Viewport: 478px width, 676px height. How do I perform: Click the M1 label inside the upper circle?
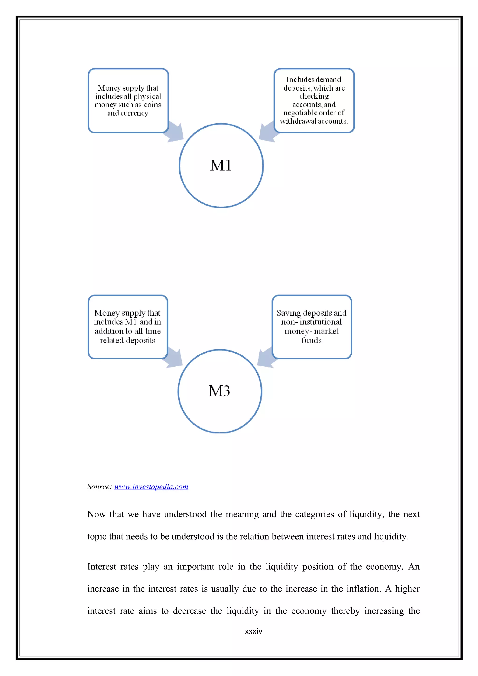[x=221, y=165]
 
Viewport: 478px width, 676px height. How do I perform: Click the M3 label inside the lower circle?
[x=219, y=391]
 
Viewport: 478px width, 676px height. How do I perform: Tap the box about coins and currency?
[x=128, y=100]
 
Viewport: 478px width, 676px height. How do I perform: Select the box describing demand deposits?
[x=314, y=100]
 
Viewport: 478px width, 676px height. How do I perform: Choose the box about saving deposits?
[x=312, y=327]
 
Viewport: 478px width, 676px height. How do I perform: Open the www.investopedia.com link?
[x=151, y=487]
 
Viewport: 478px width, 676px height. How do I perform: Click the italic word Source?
[x=99, y=487]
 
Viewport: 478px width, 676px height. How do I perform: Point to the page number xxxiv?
[x=253, y=631]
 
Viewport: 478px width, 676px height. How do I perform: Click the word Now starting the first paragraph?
[x=96, y=514]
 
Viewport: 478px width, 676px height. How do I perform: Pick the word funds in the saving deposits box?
[x=312, y=340]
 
